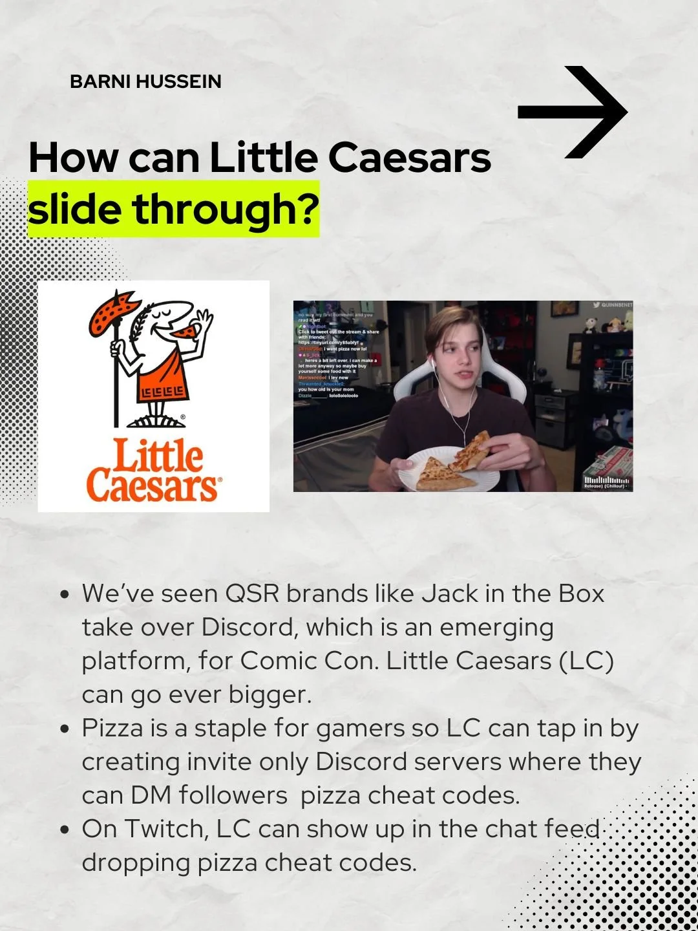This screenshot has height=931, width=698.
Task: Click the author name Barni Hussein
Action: point(145,81)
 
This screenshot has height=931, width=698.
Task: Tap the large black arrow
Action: point(573,112)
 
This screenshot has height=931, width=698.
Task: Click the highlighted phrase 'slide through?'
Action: point(173,209)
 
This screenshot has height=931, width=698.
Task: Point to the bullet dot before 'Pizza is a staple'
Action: point(64,729)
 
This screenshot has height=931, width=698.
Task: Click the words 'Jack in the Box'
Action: point(513,594)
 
